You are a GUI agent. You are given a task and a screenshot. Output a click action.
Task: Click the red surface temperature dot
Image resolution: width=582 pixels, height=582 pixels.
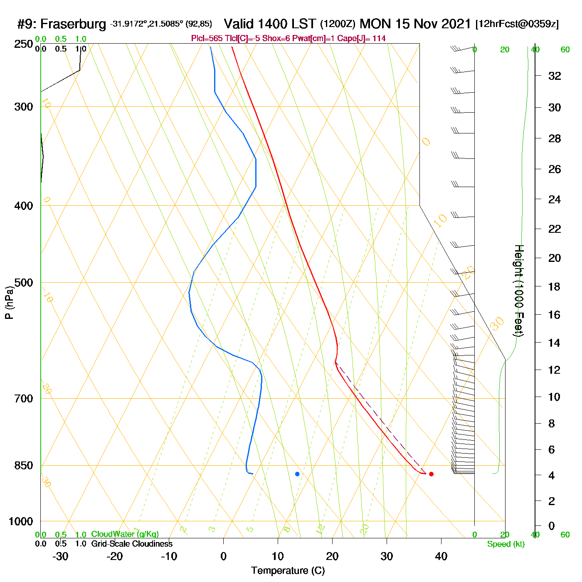pyautogui.click(x=431, y=474)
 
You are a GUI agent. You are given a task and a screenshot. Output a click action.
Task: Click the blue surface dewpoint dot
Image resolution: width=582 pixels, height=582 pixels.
pyautogui.click(x=297, y=474)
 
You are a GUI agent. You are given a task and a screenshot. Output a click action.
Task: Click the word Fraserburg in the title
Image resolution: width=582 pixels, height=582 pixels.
pyautogui.click(x=73, y=24)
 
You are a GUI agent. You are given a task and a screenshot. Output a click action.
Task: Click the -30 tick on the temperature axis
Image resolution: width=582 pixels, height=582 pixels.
pyautogui.click(x=60, y=556)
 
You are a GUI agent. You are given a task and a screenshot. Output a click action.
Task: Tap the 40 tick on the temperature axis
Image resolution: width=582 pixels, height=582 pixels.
pyautogui.click(x=441, y=556)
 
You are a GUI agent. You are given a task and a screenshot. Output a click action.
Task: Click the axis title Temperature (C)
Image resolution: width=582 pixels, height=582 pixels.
pyautogui.click(x=288, y=571)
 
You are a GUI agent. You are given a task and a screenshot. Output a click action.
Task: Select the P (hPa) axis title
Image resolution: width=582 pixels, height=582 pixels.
pyautogui.click(x=9, y=303)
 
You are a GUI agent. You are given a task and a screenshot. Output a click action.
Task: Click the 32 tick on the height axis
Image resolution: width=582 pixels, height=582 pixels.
pyautogui.click(x=555, y=76)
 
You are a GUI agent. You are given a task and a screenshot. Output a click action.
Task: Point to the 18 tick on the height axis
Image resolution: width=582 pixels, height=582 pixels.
pyautogui.click(x=555, y=286)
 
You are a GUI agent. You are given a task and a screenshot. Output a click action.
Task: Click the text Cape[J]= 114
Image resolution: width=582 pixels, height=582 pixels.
pyautogui.click(x=365, y=39)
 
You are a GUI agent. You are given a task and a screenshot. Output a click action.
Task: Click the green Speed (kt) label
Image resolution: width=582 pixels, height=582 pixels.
pyautogui.click(x=506, y=544)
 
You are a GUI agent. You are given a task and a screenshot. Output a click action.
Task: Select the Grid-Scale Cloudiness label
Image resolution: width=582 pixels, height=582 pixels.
pyautogui.click(x=132, y=544)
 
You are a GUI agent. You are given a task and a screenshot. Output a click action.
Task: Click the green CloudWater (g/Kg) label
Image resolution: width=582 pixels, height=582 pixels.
pyautogui.click(x=125, y=534)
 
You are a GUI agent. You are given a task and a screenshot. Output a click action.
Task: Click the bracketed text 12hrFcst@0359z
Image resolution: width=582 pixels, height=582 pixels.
pyautogui.click(x=517, y=24)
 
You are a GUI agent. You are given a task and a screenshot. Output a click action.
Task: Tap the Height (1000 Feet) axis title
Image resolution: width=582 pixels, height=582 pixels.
pyautogui.click(x=518, y=291)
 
